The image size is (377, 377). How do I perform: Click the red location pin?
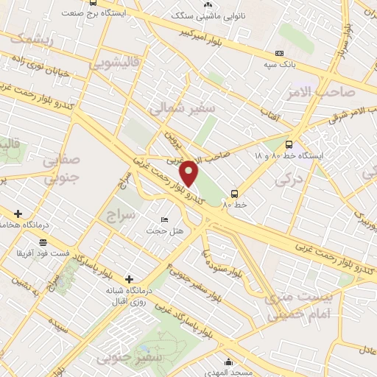tap(189, 172)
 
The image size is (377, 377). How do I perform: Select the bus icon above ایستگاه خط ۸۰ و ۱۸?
tap(288, 145)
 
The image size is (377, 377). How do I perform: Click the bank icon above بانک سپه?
tap(278, 54)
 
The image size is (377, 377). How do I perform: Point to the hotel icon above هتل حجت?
tap(163, 220)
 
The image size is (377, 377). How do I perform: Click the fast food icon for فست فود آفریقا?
tap(43, 242)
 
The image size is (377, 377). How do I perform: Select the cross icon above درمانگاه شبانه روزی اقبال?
tap(130, 279)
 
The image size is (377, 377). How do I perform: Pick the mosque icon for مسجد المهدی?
tap(230, 362)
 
